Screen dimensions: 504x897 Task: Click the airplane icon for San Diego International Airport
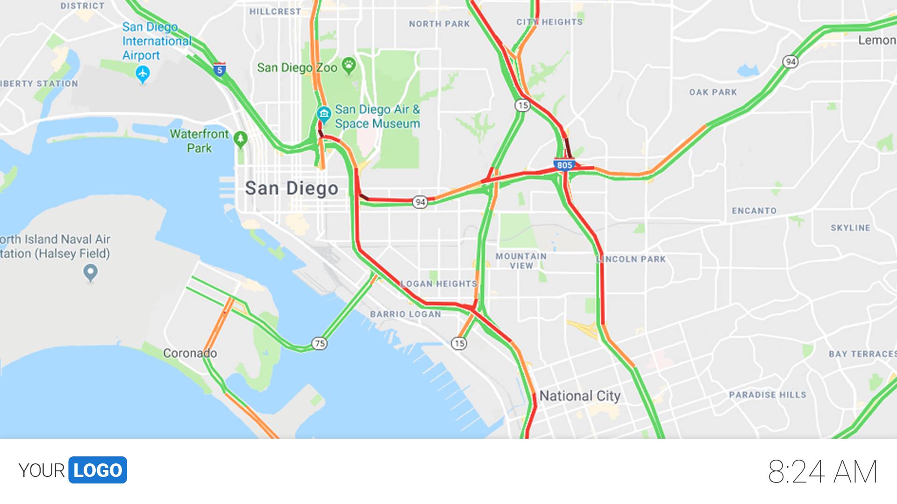pos(142,74)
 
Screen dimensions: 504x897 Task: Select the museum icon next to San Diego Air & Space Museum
pos(323,113)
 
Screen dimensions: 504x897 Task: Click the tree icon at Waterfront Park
pos(241,139)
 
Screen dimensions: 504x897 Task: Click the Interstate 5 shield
pos(220,70)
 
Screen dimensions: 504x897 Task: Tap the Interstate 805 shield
pos(564,165)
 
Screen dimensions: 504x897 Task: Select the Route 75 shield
pos(320,343)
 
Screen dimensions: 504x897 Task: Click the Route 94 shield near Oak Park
pos(790,62)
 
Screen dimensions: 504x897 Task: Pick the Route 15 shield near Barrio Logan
pos(459,343)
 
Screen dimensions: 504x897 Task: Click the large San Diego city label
pos(292,189)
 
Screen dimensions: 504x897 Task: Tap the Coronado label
pos(190,353)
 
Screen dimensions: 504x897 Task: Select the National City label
pos(580,396)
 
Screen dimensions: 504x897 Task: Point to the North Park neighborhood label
pos(439,24)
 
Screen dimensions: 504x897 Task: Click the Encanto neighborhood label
pos(754,211)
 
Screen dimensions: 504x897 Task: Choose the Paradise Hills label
pos(768,395)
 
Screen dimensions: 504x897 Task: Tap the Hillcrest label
pos(275,12)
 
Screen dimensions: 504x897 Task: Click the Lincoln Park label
pos(632,259)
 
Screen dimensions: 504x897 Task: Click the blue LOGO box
pos(98,470)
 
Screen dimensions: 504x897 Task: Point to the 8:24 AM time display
pos(822,472)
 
